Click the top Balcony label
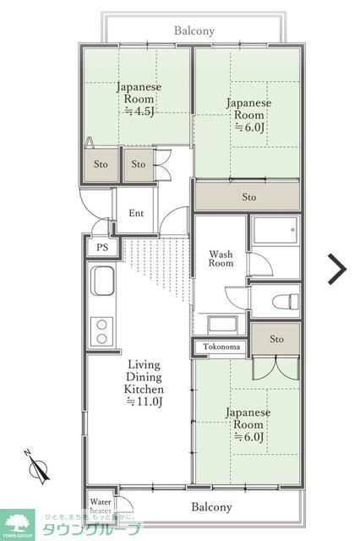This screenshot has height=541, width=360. [x=194, y=30]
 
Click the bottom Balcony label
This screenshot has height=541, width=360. [x=210, y=507]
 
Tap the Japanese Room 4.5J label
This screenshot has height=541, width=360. [x=139, y=99]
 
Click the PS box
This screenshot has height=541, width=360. [x=102, y=248]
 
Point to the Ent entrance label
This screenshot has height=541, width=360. [x=136, y=213]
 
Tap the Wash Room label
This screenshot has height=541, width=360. [x=221, y=259]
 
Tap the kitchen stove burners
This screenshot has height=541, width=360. [x=102, y=331]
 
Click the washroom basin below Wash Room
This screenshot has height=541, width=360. [x=221, y=324]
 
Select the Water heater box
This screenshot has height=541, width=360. [x=100, y=505]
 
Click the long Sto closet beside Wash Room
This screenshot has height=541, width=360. [x=248, y=197]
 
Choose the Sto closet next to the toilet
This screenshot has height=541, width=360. [x=276, y=339]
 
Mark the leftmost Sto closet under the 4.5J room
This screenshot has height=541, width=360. [x=101, y=164]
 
